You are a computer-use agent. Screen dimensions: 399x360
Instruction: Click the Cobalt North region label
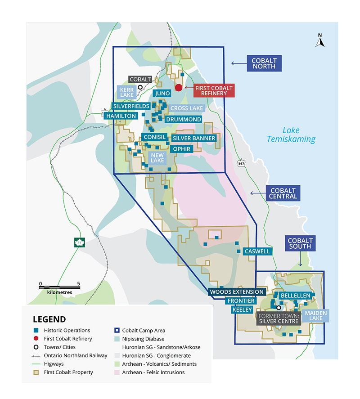[264, 63]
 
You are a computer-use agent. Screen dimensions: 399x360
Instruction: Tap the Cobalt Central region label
[283, 193]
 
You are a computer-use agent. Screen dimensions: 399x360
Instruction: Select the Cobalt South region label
[300, 243]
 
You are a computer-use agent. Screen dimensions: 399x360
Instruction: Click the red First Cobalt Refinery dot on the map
[178, 88]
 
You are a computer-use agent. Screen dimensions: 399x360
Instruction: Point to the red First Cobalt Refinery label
[214, 90]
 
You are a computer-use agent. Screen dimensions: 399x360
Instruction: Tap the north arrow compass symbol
[320, 41]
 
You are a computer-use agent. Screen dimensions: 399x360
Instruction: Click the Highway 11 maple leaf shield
[80, 243]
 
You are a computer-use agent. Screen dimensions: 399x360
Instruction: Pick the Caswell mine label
[257, 251]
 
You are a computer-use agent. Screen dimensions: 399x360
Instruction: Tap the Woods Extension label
[237, 292]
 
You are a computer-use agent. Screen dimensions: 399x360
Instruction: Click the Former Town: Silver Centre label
[279, 318]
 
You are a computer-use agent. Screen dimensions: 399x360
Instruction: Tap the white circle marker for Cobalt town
[140, 87]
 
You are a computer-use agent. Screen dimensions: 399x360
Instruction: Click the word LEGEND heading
[49, 319]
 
